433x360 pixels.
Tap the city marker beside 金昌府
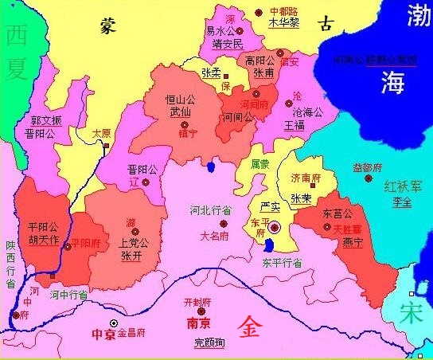tap(114, 323)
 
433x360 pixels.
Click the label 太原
tap(101, 134)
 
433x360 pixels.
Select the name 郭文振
tap(45, 120)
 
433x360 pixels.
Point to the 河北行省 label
tap(210, 211)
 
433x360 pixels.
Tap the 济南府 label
tap(305, 178)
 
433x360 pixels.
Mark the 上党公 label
tap(132, 244)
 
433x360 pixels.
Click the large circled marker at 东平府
tap(274, 227)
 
